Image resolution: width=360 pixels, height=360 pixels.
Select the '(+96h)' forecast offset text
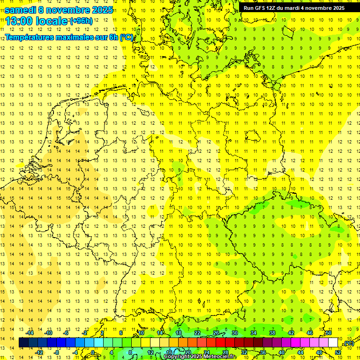pyautogui.click(x=81, y=21)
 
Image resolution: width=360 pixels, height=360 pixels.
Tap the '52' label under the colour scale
pyautogui.click(x=338, y=352)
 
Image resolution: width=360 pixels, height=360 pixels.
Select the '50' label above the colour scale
pyautogui.click(x=329, y=333)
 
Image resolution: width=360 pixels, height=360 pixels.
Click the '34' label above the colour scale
pyautogui.click(x=253, y=333)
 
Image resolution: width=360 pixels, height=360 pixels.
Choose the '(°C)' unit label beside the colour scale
pyautogui.click(x=349, y=343)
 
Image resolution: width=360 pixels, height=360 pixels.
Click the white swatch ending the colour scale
pyautogui.click(x=333, y=343)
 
